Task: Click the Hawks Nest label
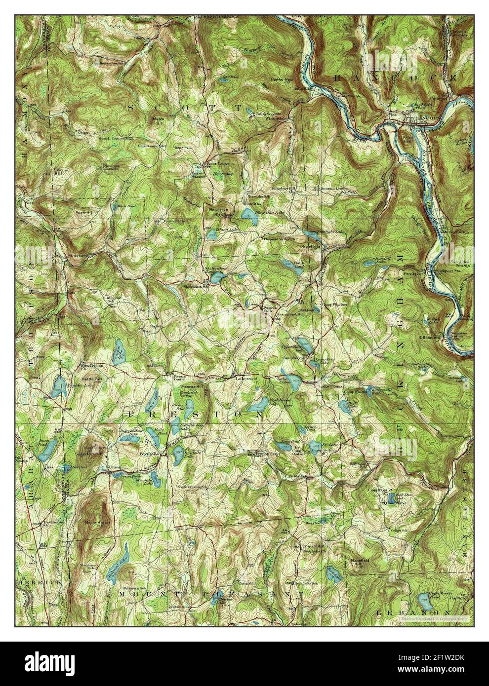click(x=279, y=80)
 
